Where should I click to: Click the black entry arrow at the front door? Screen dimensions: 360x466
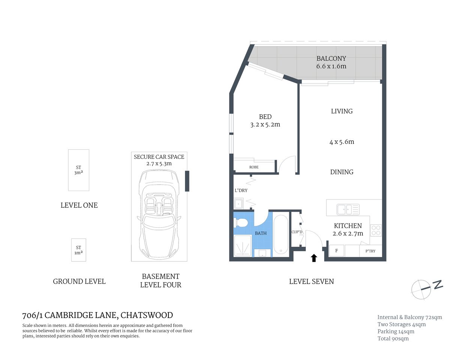tap(314, 258)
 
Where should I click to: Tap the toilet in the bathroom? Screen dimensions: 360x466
tap(241, 223)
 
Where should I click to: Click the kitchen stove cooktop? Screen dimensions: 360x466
tap(376, 230)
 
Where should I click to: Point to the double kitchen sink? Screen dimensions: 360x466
tap(348, 209)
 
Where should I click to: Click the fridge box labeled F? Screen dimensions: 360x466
tap(337, 250)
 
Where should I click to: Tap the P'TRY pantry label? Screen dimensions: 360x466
tap(370, 251)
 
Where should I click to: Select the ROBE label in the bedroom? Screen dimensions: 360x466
tap(254, 167)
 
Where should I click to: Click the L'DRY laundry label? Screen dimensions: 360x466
tap(241, 190)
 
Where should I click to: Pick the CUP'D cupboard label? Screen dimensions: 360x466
tap(297, 232)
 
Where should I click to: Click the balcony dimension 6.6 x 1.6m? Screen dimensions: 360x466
tap(331, 66)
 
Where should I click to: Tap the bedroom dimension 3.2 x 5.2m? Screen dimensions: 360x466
tap(265, 124)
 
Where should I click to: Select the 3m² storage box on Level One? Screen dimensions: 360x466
tap(78, 170)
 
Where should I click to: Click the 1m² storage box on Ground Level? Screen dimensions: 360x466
tap(78, 250)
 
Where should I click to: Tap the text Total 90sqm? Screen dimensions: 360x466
tap(393, 339)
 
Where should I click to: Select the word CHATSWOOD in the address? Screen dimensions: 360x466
tap(147, 315)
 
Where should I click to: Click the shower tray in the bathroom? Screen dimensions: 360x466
tap(242, 246)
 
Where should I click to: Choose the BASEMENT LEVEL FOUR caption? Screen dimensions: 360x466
tap(161, 280)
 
